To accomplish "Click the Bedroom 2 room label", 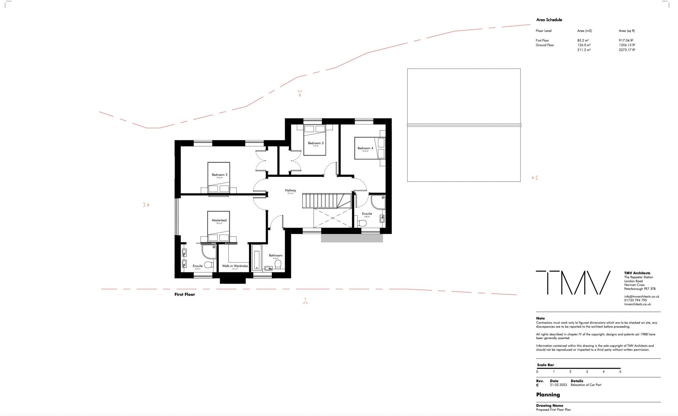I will click(x=219, y=175).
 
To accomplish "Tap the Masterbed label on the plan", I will click(x=219, y=220).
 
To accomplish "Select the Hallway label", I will click(x=290, y=190).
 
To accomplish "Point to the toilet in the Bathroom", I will click(x=278, y=264).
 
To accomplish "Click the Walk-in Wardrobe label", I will click(x=235, y=266).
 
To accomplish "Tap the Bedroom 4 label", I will click(x=365, y=148).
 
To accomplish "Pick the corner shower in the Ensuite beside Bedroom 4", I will click(x=378, y=202).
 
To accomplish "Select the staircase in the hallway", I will click(x=326, y=201).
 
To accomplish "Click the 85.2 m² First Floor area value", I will click(x=583, y=40).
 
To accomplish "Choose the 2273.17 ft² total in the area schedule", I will click(x=627, y=50).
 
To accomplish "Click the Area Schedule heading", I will click(x=549, y=20).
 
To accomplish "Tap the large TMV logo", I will click(x=573, y=283).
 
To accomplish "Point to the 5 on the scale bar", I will click(x=620, y=372).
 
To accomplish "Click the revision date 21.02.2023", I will click(x=558, y=385).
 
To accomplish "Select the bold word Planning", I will click(x=548, y=394).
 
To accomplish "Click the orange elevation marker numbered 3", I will click(x=300, y=93).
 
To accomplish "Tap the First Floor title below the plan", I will click(x=185, y=294).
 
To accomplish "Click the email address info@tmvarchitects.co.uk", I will click(x=641, y=296).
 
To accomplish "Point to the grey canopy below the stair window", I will click(x=352, y=238).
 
